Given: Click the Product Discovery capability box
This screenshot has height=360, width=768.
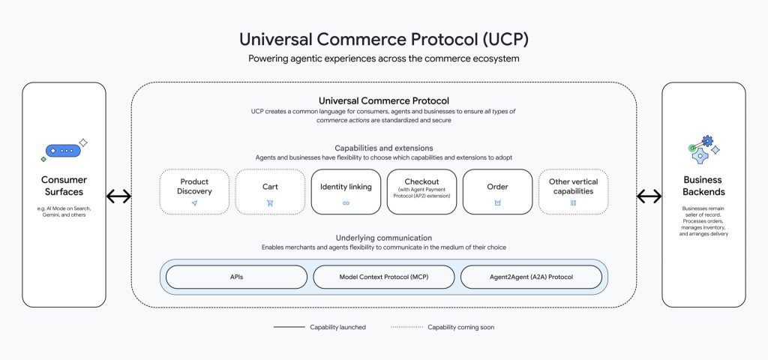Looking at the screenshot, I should tap(194, 192).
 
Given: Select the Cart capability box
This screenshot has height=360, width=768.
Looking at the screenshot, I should tap(270, 192).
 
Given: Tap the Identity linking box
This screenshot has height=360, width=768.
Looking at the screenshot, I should tap(346, 192).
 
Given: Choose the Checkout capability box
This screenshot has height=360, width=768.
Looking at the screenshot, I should tap(421, 192).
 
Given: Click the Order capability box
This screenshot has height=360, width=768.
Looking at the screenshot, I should tap(497, 192).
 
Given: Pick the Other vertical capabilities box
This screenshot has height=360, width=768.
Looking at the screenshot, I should tap(573, 192).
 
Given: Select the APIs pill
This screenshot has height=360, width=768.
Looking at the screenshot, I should tap(236, 277).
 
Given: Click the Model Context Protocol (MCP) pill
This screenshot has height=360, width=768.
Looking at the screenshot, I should tap(383, 277).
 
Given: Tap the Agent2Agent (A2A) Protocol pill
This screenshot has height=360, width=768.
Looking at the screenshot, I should tap(531, 277).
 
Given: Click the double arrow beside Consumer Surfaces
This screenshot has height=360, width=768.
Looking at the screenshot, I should tap(118, 196).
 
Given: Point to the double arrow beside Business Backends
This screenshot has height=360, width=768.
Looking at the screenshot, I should tap(649, 196).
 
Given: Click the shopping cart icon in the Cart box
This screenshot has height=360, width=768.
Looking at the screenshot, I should tap(270, 203).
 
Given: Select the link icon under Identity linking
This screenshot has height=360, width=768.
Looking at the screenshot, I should tap(346, 203).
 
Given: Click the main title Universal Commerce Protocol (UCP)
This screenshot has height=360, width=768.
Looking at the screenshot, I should tap(383, 39).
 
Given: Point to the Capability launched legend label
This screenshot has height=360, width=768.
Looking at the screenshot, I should tap(337, 327).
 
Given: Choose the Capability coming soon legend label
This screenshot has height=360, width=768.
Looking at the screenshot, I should tap(460, 327).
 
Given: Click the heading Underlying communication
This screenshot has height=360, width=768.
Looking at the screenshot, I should tap(383, 237).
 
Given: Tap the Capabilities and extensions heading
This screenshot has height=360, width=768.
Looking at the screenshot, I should tap(383, 148).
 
